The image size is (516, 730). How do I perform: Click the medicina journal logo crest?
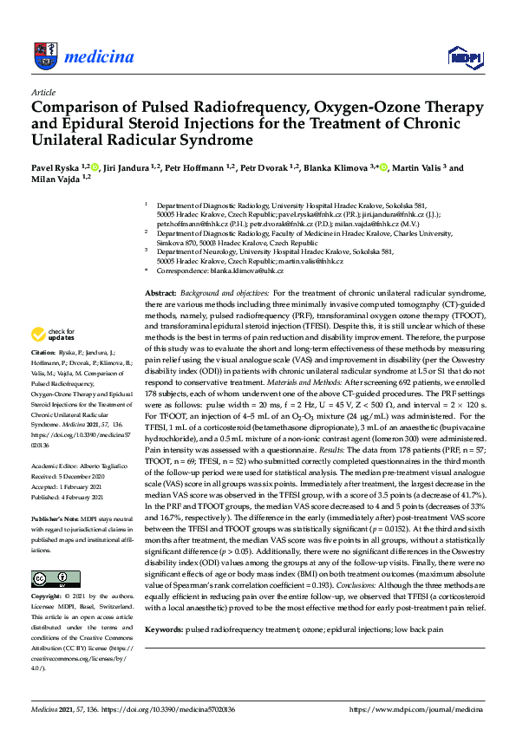(x=44, y=57)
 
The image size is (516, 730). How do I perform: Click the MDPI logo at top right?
(x=465, y=57)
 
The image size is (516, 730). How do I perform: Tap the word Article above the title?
(x=43, y=91)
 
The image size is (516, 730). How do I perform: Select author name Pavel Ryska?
(x=56, y=168)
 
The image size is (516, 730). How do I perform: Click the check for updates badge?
(x=54, y=334)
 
